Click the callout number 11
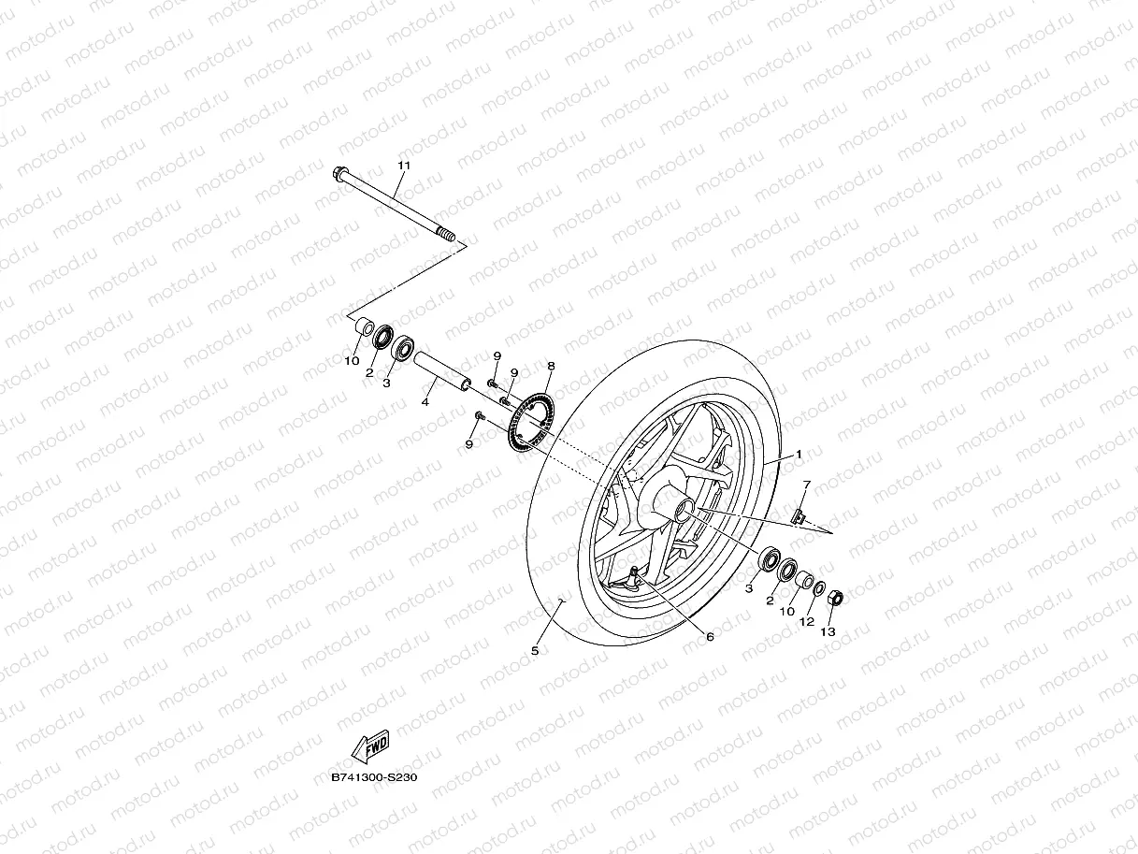pyautogui.click(x=404, y=166)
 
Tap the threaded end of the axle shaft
pyautogui.click(x=450, y=239)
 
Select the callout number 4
pyautogui.click(x=425, y=402)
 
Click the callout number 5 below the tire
pyautogui.click(x=535, y=650)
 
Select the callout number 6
pyautogui.click(x=710, y=637)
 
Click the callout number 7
pyautogui.click(x=806, y=484)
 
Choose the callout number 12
pyautogui.click(x=807, y=621)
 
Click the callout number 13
pyautogui.click(x=828, y=631)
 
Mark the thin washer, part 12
pyautogui.click(x=820, y=589)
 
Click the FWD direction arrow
pyautogui.click(x=368, y=747)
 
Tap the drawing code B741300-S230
pyautogui.click(x=373, y=777)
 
